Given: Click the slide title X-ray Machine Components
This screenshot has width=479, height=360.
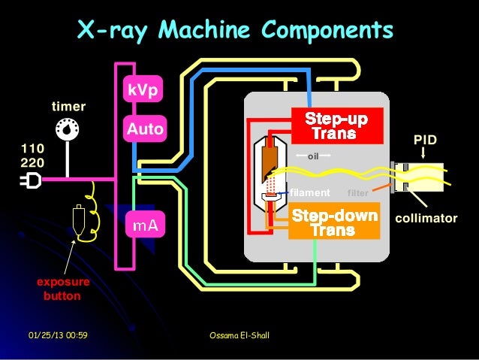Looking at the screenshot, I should coord(235,31).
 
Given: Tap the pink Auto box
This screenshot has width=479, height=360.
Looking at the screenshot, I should coord(144,129).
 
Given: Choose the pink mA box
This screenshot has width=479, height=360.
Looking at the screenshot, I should coord(144,224).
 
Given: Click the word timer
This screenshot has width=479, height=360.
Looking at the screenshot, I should coord(68,106).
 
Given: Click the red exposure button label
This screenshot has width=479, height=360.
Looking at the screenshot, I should coord(63,289).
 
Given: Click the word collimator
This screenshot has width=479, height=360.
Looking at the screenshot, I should coord(426,218).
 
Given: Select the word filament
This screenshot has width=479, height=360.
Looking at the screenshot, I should coord(309,192).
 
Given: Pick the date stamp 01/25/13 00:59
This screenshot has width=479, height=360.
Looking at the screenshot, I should coord(58,334).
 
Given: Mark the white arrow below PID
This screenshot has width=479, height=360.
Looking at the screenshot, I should coord(425,153).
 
